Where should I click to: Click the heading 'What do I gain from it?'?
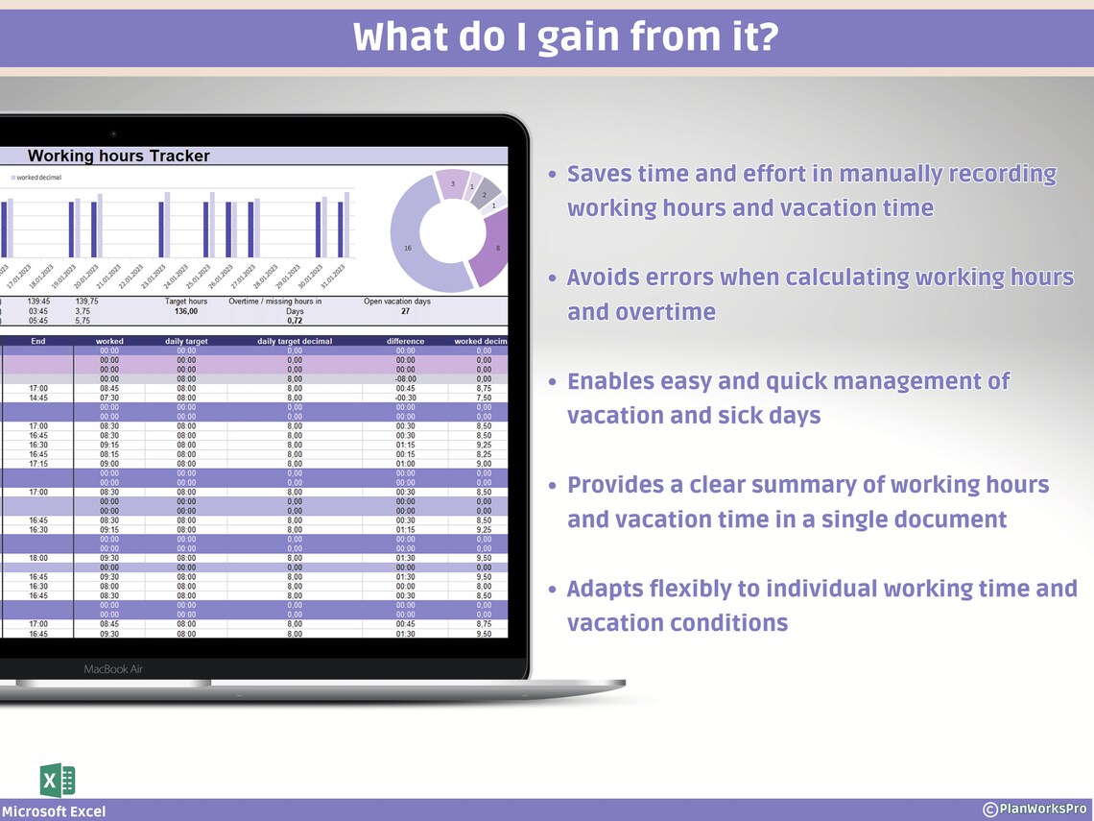[x=565, y=38]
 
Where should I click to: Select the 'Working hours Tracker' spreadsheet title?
[x=118, y=156]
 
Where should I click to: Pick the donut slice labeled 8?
[x=495, y=248]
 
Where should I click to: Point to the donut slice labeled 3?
[x=451, y=184]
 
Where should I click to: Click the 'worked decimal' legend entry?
[x=36, y=179]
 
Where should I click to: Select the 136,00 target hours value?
[x=185, y=311]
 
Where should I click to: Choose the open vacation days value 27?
[x=404, y=311]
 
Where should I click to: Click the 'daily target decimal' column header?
[x=295, y=341]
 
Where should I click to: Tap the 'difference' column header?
[x=405, y=341]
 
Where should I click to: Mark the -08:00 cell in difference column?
[x=405, y=378]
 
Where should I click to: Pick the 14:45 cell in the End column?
[x=38, y=398]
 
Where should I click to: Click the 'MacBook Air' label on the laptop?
[x=113, y=669]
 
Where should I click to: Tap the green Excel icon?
[x=58, y=780]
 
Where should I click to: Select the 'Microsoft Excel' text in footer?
[x=54, y=811]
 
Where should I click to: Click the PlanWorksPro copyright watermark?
[x=1035, y=809]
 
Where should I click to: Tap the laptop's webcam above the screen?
[x=112, y=133]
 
